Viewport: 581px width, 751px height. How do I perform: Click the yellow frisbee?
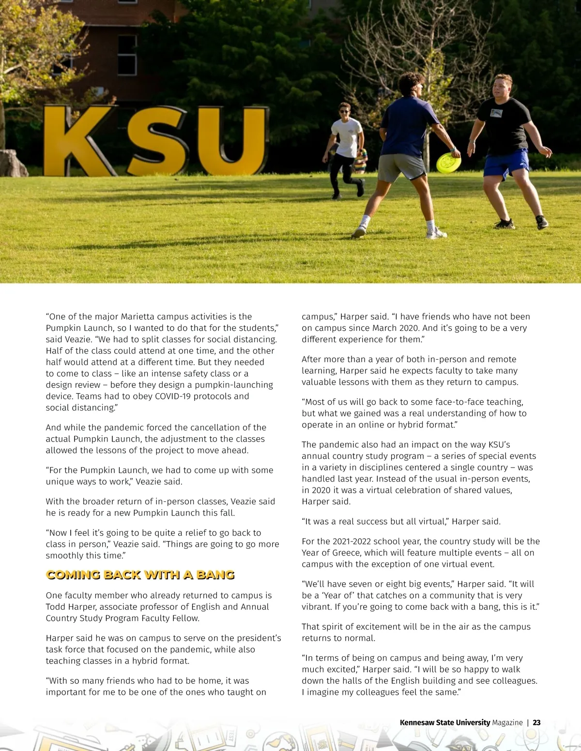(448, 163)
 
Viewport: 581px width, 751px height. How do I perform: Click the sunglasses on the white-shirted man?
(344, 112)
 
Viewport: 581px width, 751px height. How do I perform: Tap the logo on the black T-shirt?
(495, 113)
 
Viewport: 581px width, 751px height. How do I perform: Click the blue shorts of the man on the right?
(506, 163)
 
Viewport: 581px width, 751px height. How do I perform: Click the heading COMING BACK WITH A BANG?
(140, 574)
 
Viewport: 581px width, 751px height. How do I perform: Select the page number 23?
(536, 722)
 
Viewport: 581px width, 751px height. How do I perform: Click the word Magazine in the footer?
(507, 722)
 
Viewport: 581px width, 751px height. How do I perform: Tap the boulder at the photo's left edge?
(12, 163)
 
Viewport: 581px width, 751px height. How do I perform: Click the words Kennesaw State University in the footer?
(444, 722)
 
